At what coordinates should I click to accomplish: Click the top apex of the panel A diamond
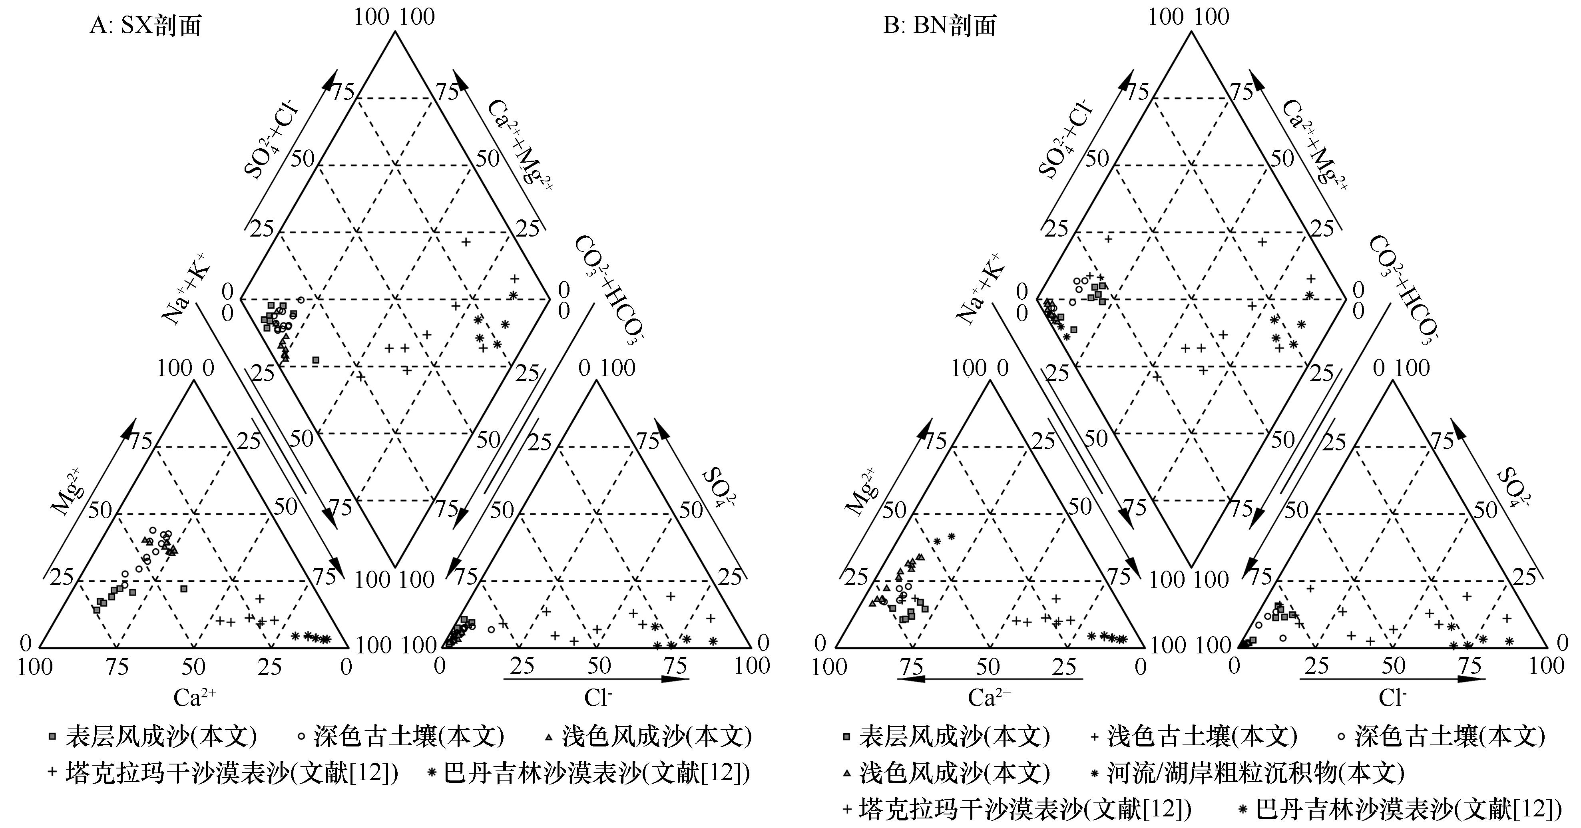point(394,32)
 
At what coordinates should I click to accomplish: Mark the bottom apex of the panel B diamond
point(1191,567)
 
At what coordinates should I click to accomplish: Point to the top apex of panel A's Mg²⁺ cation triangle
point(194,380)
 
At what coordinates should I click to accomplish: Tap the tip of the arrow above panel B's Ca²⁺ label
point(897,679)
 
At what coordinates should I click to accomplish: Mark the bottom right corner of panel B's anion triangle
point(1547,647)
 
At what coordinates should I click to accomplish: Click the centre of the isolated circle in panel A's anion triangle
point(491,629)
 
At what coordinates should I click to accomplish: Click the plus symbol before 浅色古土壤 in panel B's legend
point(1094,736)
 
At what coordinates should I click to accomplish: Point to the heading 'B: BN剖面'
point(939,26)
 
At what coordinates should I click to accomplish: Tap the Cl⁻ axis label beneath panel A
point(598,698)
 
